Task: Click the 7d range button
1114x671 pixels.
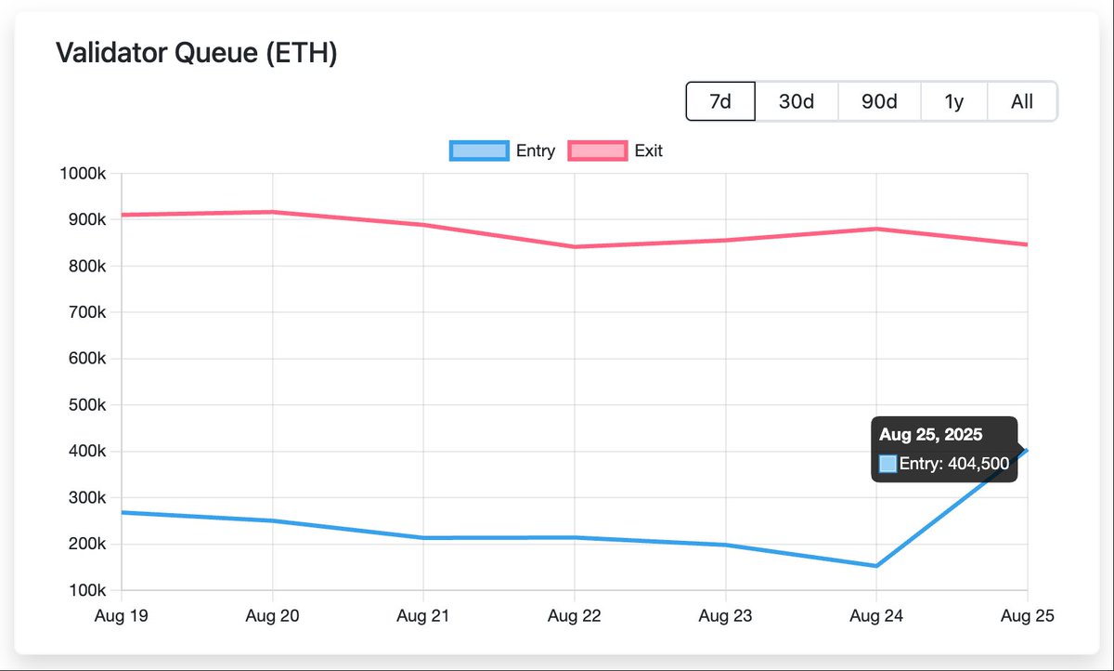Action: [x=720, y=101]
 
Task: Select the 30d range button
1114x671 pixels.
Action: [x=796, y=101]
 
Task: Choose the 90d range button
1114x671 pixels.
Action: [x=879, y=101]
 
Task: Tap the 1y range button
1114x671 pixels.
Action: [x=953, y=101]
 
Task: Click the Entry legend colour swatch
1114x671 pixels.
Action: [x=478, y=151]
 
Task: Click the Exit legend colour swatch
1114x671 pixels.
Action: [x=597, y=151]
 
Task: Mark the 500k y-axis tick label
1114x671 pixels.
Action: [x=88, y=405]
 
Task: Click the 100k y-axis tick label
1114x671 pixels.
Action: [x=88, y=590]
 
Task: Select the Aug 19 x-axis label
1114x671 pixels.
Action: [x=122, y=615]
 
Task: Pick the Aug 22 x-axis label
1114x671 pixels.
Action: [x=575, y=615]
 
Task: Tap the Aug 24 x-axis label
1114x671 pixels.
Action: [x=876, y=615]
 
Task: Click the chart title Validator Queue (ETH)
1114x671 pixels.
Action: [x=196, y=53]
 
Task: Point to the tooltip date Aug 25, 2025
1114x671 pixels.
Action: [x=930, y=434]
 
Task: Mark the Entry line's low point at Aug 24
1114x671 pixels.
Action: [x=876, y=565]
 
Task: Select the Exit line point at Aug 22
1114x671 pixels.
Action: [x=575, y=246]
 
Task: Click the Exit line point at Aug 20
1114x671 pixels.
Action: [x=273, y=212]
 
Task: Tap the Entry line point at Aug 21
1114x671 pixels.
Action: [x=423, y=538]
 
